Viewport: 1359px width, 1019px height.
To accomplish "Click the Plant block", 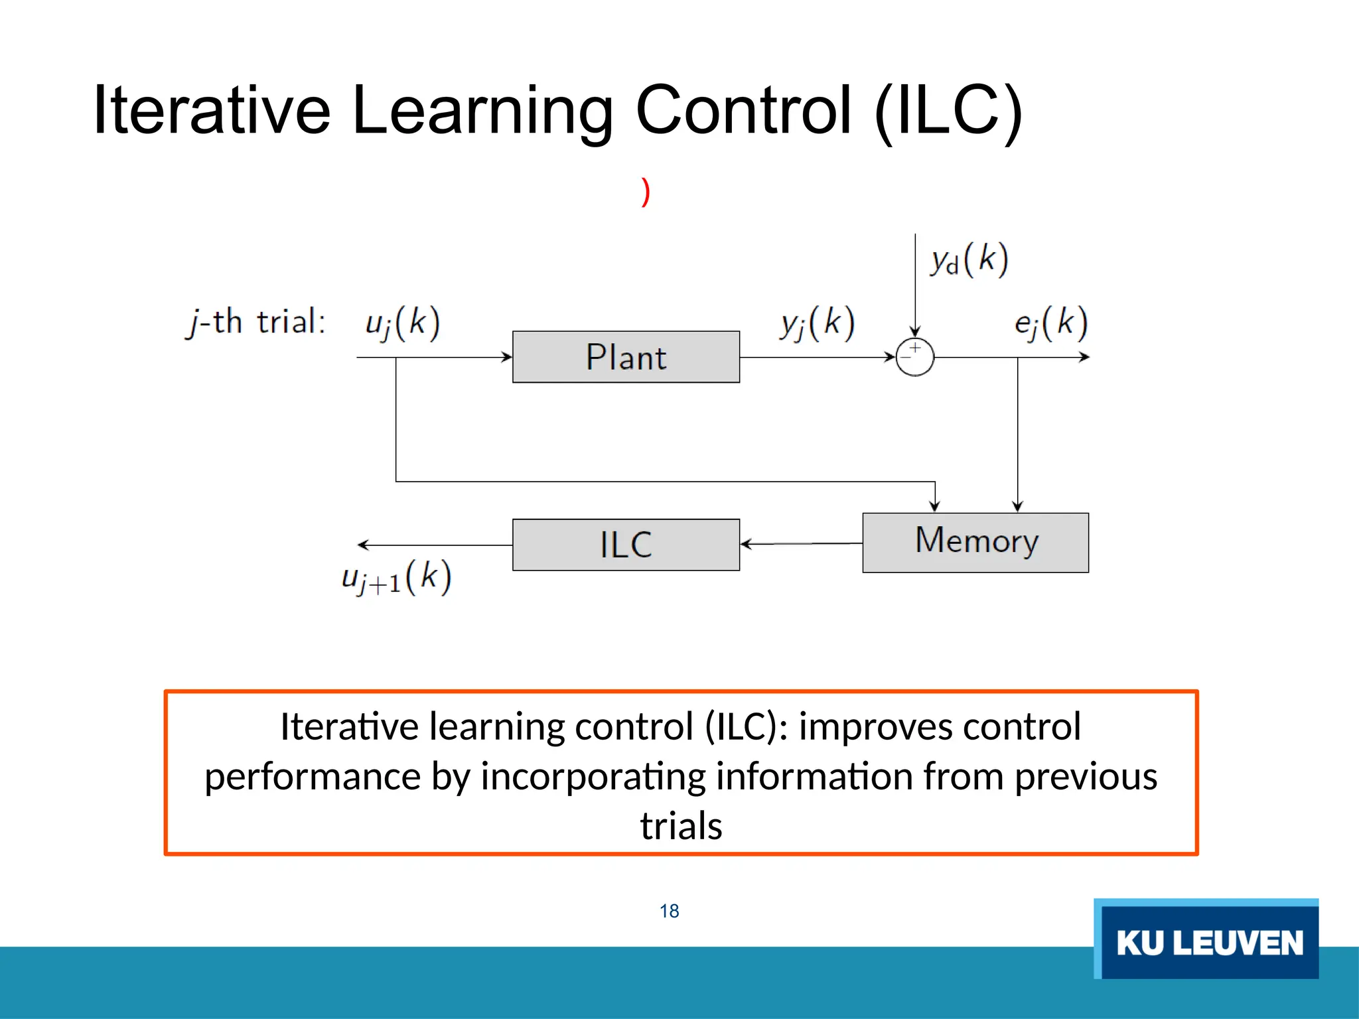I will (626, 357).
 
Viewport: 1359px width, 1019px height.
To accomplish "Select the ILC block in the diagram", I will (626, 545).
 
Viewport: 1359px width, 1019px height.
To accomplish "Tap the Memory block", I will (975, 542).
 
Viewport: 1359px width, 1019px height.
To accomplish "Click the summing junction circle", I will (914, 357).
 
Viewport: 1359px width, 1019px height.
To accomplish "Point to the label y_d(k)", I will (969, 259).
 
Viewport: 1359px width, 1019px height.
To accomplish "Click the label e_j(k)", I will (1051, 324).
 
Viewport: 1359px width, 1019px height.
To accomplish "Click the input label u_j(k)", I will (402, 324).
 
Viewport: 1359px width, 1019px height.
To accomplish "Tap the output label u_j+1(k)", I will (397, 577).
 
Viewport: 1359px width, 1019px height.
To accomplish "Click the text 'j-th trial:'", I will (256, 322).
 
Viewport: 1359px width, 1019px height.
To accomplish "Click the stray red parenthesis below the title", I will (645, 192).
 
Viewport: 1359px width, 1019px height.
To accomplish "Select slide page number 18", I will (669, 911).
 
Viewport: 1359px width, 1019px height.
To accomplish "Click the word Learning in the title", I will (482, 111).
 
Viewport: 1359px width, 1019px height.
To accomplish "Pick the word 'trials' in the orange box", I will (681, 826).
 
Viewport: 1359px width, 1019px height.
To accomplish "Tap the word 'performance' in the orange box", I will (312, 777).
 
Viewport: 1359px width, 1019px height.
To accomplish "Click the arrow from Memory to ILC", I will (801, 544).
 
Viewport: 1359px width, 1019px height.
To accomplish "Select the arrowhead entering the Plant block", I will (507, 357).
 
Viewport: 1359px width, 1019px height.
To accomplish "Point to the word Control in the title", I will (744, 110).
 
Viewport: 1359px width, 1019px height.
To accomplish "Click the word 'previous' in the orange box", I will (1086, 776).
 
